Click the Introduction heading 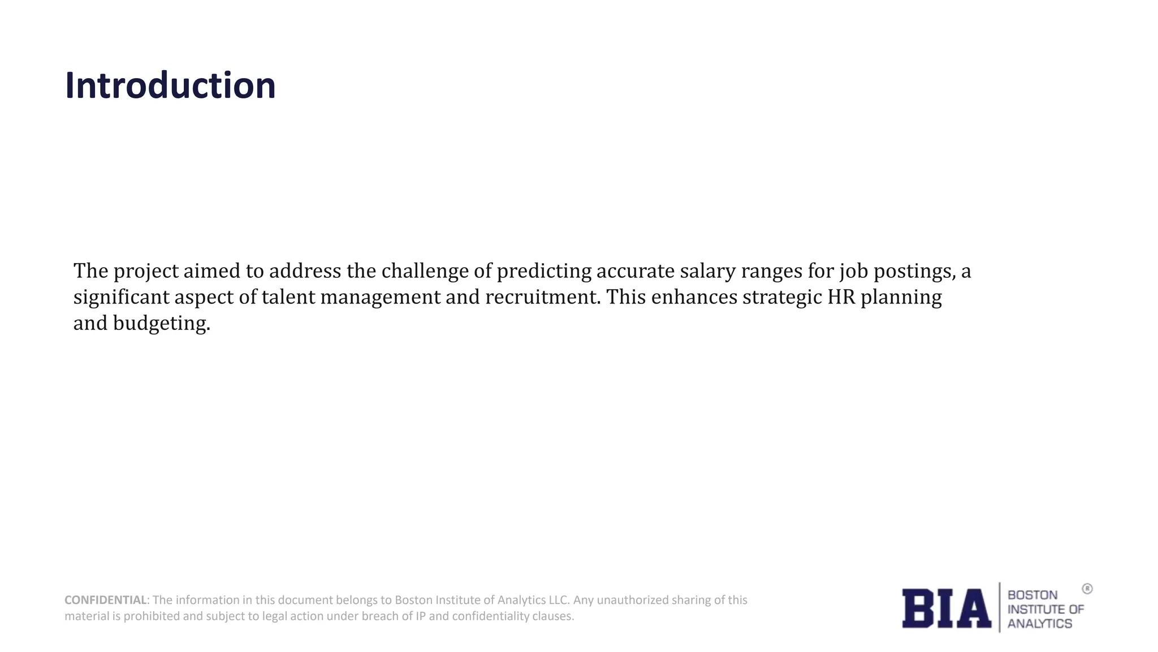pyautogui.click(x=170, y=86)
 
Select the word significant pyautogui.click(x=122, y=298)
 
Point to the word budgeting pyautogui.click(x=161, y=324)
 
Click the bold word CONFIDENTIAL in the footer pyautogui.click(x=106, y=600)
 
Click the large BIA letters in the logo pyautogui.click(x=946, y=608)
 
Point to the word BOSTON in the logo pyautogui.click(x=1032, y=595)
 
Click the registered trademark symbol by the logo pyautogui.click(x=1087, y=589)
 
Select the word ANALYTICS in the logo pyautogui.click(x=1039, y=624)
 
